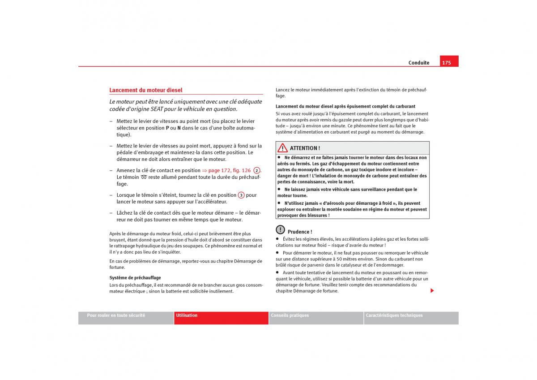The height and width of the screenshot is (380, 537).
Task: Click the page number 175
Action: [446, 63]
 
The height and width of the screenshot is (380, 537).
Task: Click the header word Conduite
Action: [418, 63]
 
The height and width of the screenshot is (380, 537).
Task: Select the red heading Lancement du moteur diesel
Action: [146, 90]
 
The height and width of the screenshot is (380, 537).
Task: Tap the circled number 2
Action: [256, 170]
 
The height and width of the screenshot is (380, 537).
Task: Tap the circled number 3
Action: [241, 195]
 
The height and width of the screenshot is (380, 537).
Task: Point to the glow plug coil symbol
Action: [144, 177]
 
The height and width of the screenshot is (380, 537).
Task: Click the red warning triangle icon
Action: [282, 148]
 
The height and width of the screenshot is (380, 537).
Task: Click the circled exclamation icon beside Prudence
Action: [280, 230]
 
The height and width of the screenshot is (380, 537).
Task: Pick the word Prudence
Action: [299, 232]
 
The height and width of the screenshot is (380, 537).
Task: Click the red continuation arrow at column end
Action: [432, 291]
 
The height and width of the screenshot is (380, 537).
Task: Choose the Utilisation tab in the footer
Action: [187, 315]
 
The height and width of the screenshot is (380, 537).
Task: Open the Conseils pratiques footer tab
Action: [290, 315]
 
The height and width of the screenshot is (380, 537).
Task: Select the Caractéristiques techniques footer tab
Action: [394, 315]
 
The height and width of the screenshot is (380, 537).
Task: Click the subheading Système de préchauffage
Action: [135, 278]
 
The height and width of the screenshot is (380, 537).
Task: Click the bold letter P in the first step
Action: [167, 128]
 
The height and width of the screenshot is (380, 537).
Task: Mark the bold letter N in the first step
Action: [179, 128]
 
